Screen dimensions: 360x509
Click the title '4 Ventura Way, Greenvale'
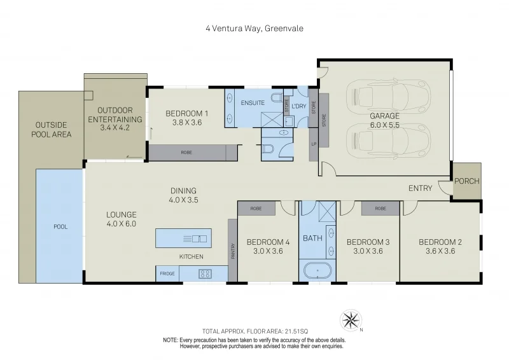(254, 28)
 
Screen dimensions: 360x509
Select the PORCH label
(467, 181)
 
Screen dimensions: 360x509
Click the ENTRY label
(421, 188)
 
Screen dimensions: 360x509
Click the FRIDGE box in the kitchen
(167, 273)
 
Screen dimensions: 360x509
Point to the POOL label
(60, 226)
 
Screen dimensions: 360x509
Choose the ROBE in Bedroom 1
(186, 153)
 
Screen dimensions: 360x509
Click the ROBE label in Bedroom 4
(256, 208)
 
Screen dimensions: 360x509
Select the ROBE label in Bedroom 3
(380, 208)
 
